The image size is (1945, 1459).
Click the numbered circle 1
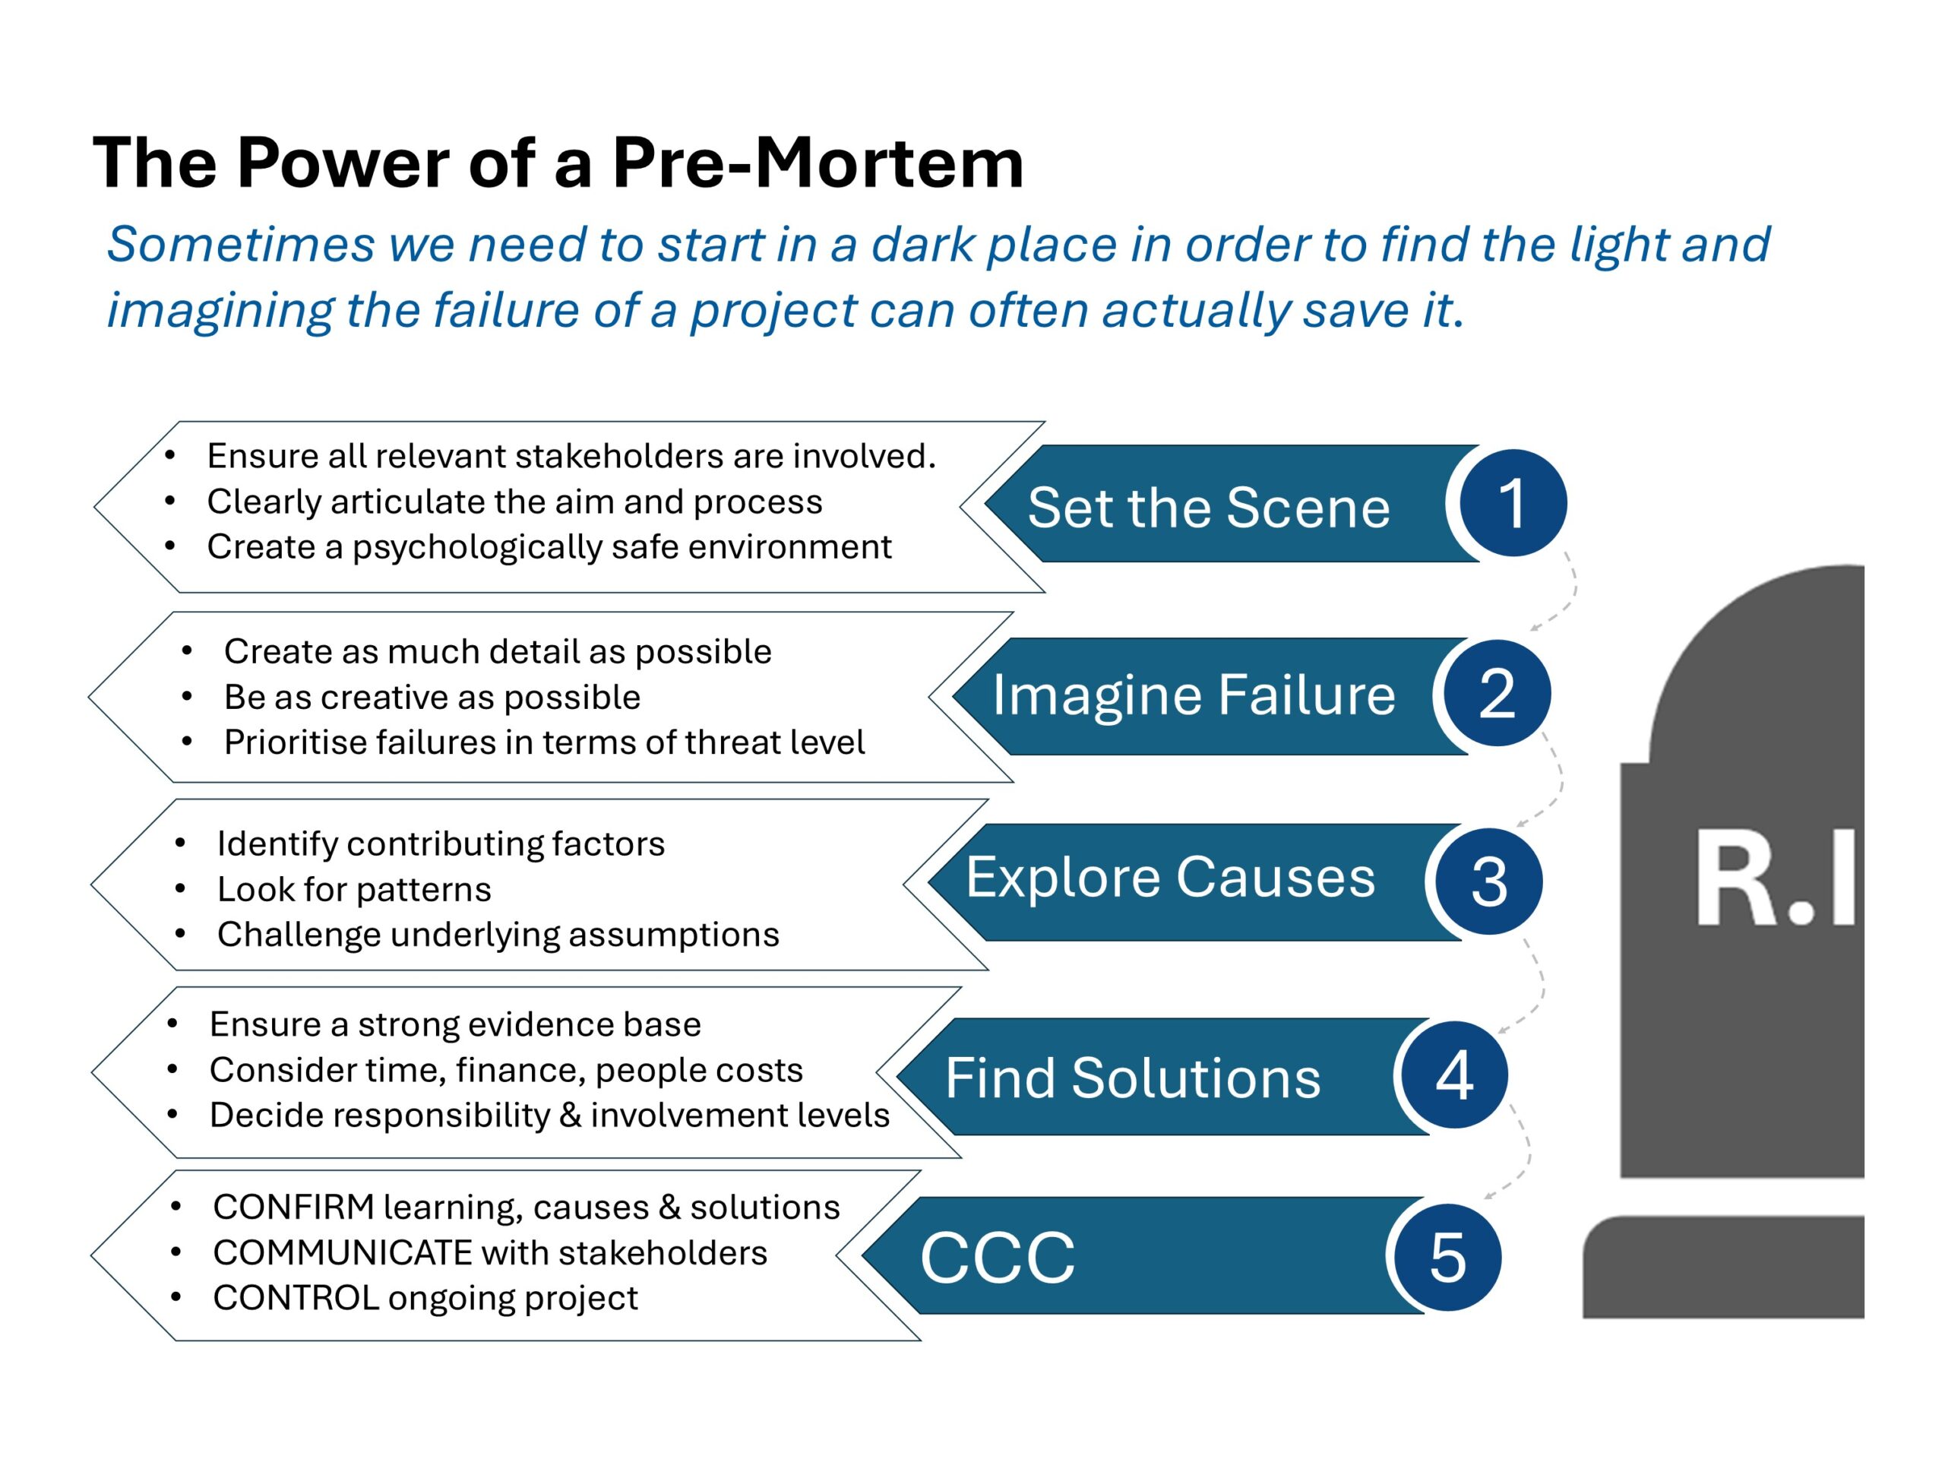tap(1513, 502)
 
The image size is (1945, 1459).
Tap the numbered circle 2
tap(1497, 693)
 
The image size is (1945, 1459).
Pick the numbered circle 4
tap(1454, 1074)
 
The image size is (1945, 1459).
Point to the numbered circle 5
tap(1447, 1257)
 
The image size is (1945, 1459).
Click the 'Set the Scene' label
tap(1208, 508)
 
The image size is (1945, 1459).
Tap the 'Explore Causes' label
tap(1170, 877)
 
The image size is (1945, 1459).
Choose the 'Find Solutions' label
tap(1133, 1078)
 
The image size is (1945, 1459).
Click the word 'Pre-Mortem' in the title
tap(818, 163)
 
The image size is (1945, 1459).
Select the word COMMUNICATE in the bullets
tap(343, 1252)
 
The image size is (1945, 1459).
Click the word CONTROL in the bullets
tap(296, 1297)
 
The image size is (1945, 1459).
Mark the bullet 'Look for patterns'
tap(353, 889)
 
